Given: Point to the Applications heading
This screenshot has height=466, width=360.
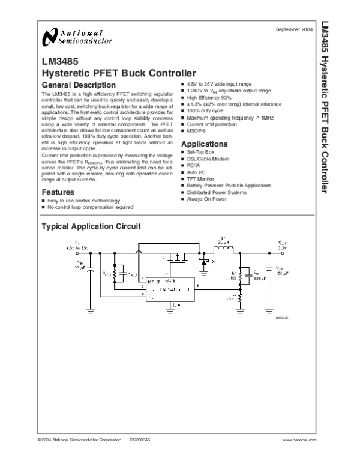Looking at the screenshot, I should (204, 144).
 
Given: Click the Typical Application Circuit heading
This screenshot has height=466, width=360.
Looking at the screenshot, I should (90, 226).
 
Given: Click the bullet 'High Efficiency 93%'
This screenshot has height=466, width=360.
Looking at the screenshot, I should (209, 97).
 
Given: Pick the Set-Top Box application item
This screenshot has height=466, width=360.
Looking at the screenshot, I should (200, 153).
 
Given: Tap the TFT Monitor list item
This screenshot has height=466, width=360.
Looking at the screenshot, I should (202, 180).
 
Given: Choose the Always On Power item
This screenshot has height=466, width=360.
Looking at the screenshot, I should (207, 199).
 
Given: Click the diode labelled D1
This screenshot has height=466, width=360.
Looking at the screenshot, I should (205, 262).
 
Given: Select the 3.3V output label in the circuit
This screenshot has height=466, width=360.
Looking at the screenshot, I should (283, 247).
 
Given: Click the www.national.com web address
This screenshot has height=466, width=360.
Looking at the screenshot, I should (299, 440).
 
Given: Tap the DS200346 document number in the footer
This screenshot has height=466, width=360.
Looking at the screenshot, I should (140, 440).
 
